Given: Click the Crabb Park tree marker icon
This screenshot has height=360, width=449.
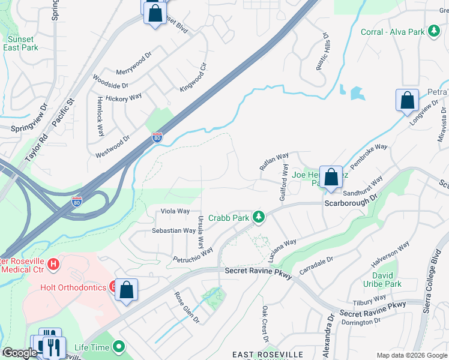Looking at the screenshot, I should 259,216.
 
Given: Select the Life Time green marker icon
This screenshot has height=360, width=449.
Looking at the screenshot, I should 119,346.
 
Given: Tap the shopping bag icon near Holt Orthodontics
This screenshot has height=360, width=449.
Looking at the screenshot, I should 127,290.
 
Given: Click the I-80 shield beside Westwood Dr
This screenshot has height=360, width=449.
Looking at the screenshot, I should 157,137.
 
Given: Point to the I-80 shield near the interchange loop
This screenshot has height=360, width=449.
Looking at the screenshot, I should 77,201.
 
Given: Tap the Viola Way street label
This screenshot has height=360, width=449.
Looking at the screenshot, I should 175,211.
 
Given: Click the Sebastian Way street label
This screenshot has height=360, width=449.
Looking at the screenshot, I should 173,230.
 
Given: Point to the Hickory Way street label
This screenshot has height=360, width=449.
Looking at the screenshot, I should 123,97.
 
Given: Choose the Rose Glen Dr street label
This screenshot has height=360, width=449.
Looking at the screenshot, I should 186,308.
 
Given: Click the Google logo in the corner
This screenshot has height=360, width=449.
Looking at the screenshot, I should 19,353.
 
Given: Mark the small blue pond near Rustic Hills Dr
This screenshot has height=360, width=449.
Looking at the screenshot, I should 357,93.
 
